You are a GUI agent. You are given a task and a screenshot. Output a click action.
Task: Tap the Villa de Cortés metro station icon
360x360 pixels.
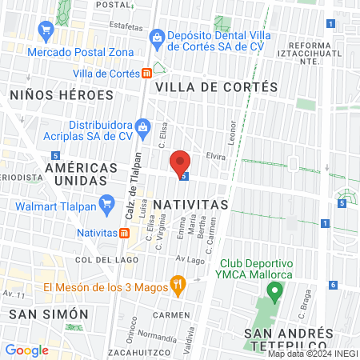click(147, 73)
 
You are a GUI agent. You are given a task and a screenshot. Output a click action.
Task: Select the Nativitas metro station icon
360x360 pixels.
click(125, 233)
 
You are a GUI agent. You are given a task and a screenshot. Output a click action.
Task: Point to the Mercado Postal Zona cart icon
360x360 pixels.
click(46, 31)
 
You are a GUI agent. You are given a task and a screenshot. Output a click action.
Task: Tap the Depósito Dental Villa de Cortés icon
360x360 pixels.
click(157, 37)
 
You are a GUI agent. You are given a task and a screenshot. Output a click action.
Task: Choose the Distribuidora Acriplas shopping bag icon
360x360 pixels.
click(142, 126)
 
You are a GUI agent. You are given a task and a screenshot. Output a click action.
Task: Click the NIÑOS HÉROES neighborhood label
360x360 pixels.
click(62, 94)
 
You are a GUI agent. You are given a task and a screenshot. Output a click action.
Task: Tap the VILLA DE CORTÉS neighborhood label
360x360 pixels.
click(217, 86)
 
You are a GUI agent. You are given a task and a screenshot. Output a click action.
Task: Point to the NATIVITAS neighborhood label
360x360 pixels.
click(190, 205)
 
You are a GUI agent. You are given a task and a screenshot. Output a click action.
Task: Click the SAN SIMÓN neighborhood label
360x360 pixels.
click(42, 314)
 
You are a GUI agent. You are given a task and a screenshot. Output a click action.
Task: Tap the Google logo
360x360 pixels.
click(27, 350)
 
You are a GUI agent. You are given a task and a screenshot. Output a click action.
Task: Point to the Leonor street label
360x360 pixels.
click(234, 132)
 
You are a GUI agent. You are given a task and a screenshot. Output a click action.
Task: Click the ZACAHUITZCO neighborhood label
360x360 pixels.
click(139, 351)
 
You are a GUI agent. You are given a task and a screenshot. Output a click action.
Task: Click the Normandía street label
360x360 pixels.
click(158, 336)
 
